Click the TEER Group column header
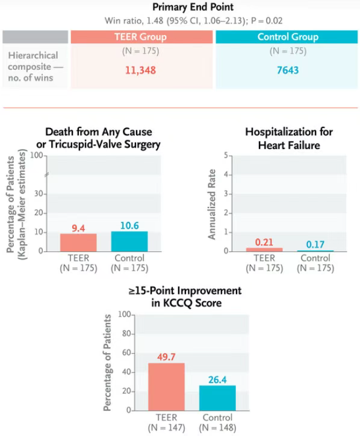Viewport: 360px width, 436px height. pyautogui.click(x=141, y=37)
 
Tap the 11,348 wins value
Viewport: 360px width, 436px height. pyautogui.click(x=140, y=70)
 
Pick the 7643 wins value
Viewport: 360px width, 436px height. pyautogui.click(x=288, y=70)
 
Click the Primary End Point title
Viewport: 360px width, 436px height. pyautogui.click(x=193, y=7)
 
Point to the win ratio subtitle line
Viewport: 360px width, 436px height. pyautogui.click(x=193, y=21)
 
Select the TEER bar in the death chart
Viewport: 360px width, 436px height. pyautogui.click(x=78, y=242)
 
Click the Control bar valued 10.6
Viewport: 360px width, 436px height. pyautogui.click(x=129, y=241)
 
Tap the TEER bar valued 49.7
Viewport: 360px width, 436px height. pyautogui.click(x=166, y=387)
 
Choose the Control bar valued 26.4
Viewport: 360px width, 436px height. pyautogui.click(x=217, y=398)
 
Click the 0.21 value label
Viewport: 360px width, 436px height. pyautogui.click(x=264, y=242)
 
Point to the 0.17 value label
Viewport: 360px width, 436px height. pyautogui.click(x=315, y=244)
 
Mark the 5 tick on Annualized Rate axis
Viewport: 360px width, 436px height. pyautogui.click(x=226, y=155)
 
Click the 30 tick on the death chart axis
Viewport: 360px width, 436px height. pyautogui.click(x=39, y=194)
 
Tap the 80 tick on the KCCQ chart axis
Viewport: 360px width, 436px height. pyautogui.click(x=126, y=333)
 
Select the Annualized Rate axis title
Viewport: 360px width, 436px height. pyautogui.click(x=212, y=204)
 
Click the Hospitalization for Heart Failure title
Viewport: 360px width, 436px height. pyautogui.click(x=289, y=138)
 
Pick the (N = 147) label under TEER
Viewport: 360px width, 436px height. pyautogui.click(x=167, y=428)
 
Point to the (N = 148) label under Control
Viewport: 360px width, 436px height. pyautogui.click(x=217, y=428)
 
